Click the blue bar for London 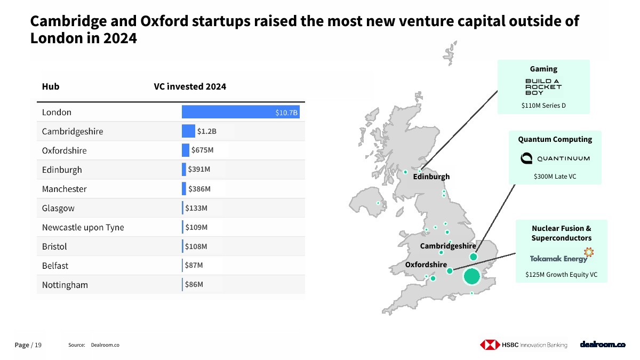pos(240,112)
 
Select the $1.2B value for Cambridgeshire pos(207,131)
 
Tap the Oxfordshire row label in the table pos(64,150)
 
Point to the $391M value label pos(199,170)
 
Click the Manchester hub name pos(64,189)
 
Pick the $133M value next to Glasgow pos(196,208)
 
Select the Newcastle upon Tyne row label pos(83,227)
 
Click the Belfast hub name pos(55,266)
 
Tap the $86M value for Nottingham pos(194,285)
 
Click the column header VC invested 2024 pos(190,86)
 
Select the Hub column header pos(51,86)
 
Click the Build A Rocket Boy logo pos(543,87)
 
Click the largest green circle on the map pos(471,277)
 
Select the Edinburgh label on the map pos(431,177)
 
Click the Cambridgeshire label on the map pos(447,246)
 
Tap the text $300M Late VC pos(555,176)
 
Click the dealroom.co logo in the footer pos(602,345)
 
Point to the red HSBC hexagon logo pos(489,345)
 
